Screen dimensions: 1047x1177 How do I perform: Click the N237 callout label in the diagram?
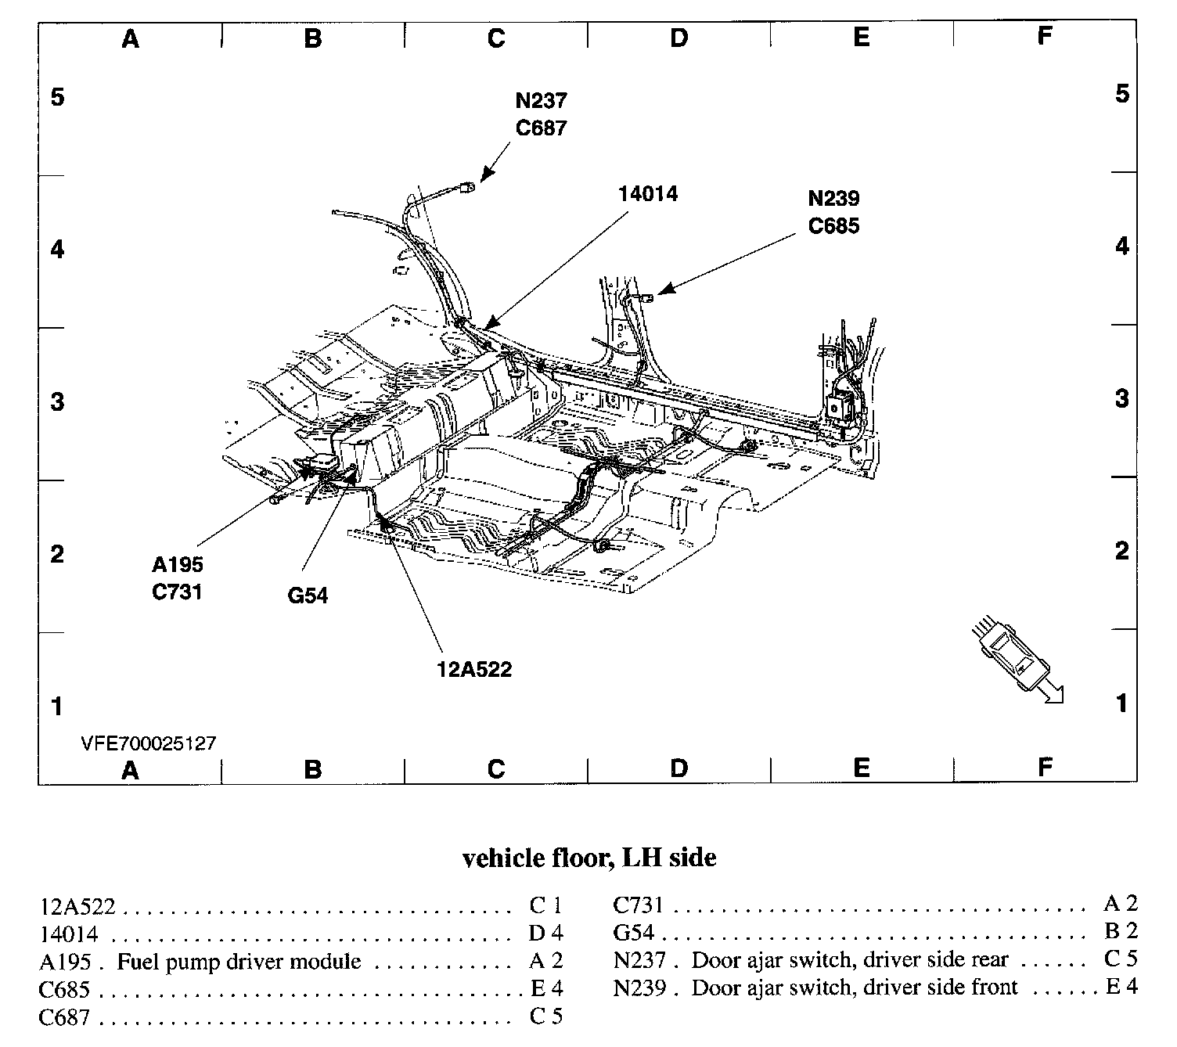pos(541,101)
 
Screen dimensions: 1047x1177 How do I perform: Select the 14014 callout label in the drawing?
pos(647,194)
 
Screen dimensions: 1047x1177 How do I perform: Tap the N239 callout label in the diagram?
pos(833,199)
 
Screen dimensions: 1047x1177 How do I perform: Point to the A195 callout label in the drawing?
pos(178,564)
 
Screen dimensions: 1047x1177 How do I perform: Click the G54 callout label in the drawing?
pos(308,595)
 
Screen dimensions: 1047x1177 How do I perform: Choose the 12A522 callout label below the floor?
pos(475,669)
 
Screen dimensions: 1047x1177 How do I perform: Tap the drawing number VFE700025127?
pos(149,743)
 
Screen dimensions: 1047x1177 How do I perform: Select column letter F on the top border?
pos(1044,35)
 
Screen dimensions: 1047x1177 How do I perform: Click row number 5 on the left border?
pos(57,98)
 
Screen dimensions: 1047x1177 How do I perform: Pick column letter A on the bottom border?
pos(130,770)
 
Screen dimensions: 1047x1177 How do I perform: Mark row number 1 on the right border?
pos(1121,703)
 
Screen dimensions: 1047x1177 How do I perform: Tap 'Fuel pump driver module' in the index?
pos(239,961)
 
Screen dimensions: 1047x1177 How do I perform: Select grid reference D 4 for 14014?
pos(545,933)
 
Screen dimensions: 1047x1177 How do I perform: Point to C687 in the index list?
pos(64,1017)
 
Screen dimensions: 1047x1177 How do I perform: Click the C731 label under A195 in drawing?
pos(178,592)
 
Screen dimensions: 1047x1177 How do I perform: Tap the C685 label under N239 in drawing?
pos(833,226)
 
